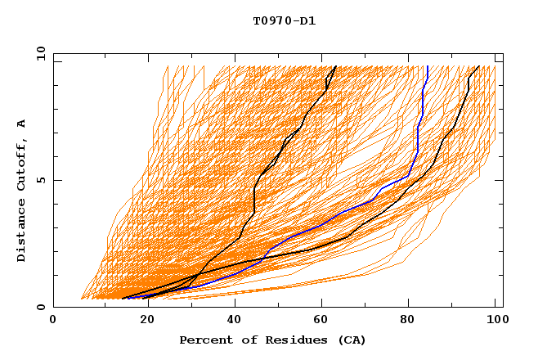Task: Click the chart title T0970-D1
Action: click(284, 20)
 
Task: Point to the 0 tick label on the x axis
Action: click(53, 320)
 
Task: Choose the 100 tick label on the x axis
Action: click(495, 320)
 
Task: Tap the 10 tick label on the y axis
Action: click(38, 53)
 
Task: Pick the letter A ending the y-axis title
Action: click(22, 124)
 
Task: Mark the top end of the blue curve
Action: click(427, 66)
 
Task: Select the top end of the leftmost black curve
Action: click(335, 66)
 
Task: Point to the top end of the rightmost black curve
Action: click(478, 66)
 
